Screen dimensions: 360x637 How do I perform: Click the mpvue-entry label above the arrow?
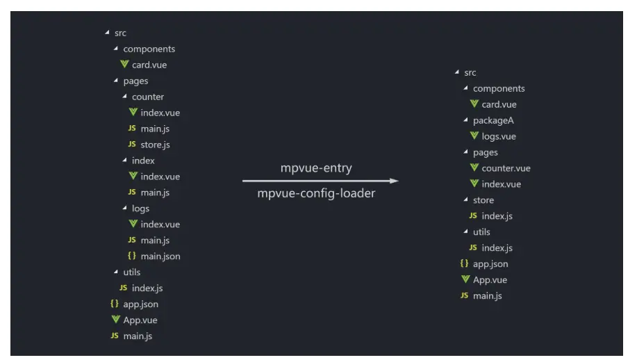[x=316, y=168]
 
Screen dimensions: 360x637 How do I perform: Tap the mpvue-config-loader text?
[x=316, y=193]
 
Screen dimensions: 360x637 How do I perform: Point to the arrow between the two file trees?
[x=320, y=181]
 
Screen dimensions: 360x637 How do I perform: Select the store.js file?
[x=155, y=145]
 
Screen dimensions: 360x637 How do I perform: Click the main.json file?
[x=160, y=256]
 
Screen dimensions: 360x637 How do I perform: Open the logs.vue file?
[x=498, y=136]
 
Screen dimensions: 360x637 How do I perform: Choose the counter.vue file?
[x=506, y=168]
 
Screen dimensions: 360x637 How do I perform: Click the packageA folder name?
[x=493, y=120]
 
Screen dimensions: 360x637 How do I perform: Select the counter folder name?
[x=148, y=97]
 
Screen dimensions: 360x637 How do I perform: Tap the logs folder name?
[x=140, y=208]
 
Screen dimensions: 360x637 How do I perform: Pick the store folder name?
[x=483, y=200]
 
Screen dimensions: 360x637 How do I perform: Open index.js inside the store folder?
[x=497, y=216]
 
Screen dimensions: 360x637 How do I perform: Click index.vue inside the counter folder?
[x=160, y=113]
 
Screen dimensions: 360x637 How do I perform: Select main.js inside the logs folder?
[x=155, y=240]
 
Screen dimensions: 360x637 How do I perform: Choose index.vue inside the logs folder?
[x=160, y=224]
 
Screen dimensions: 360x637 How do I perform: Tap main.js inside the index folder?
[x=155, y=193]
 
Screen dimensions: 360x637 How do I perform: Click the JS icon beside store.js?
[x=132, y=145]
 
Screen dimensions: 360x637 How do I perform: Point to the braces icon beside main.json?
[x=132, y=256]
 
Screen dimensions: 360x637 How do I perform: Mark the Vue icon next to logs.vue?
[x=474, y=136]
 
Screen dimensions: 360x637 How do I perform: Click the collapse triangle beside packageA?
[x=465, y=120]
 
